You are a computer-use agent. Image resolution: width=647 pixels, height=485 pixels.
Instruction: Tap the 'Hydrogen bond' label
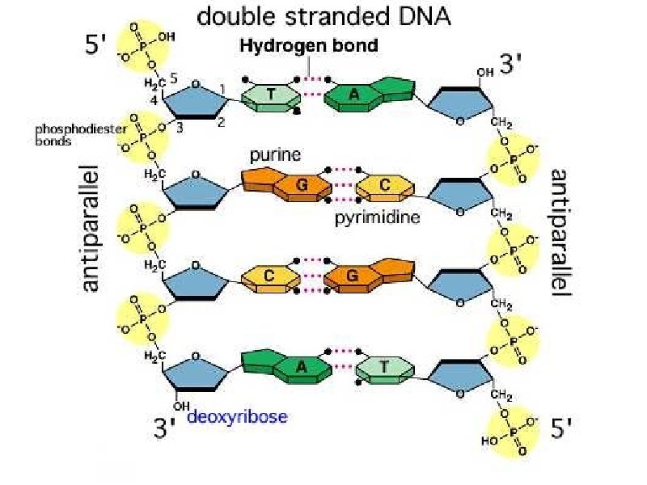point(309,46)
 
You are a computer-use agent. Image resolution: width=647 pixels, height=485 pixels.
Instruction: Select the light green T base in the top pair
point(270,95)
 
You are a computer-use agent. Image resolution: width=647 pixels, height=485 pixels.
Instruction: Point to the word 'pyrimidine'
point(377,217)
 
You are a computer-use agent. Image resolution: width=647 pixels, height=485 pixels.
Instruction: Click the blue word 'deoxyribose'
point(238,417)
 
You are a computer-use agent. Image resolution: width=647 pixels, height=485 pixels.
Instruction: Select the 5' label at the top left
point(97,46)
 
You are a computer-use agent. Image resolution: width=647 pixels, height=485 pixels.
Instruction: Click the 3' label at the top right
point(512,65)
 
